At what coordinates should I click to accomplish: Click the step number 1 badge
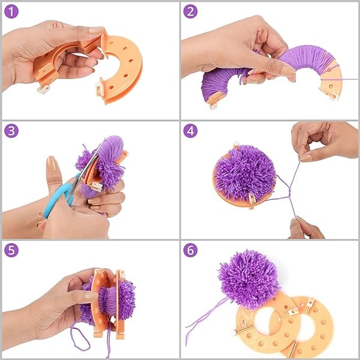11,11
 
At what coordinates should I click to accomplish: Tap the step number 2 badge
190,11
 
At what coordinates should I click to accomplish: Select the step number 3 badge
11,131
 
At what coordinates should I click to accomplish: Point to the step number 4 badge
190,131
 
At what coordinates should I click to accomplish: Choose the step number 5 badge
11,250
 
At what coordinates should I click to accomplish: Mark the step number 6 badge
190,250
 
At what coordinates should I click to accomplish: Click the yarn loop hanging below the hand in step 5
80,337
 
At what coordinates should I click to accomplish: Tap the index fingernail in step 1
97,30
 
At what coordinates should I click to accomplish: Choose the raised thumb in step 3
53,175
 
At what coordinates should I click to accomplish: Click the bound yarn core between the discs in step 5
107,301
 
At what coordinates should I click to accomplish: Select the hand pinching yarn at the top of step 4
325,141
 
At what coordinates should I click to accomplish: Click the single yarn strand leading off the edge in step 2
340,79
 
